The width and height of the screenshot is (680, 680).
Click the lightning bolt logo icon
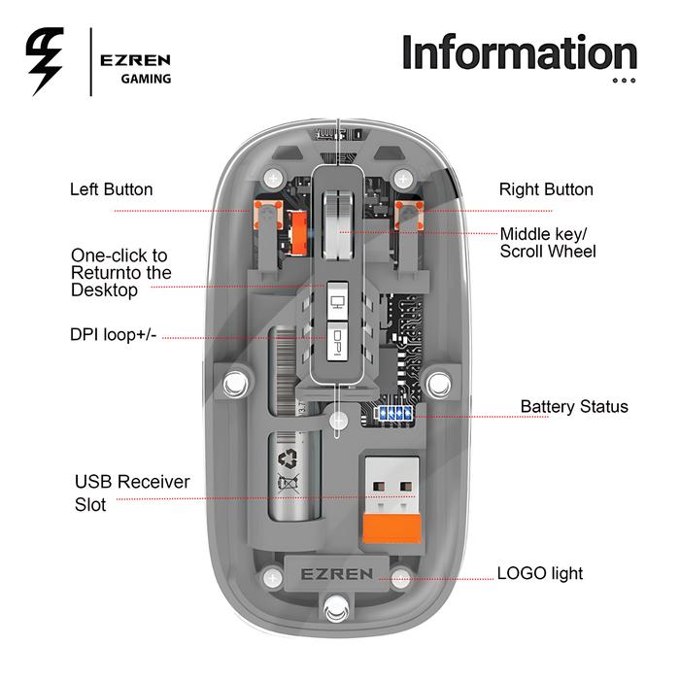(x=43, y=60)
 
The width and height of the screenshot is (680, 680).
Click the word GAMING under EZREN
(x=146, y=79)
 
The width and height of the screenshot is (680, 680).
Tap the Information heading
(x=520, y=52)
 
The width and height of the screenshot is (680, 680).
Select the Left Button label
(x=111, y=189)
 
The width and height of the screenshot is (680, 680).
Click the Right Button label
(x=546, y=189)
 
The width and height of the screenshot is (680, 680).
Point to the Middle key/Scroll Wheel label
(x=547, y=243)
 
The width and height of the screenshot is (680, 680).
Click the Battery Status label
(x=573, y=406)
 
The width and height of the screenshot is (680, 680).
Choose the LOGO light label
(x=540, y=573)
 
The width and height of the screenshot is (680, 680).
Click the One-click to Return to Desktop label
(x=119, y=272)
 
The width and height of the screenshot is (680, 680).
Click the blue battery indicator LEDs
(x=394, y=413)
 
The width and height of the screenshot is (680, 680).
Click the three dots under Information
(x=624, y=81)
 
